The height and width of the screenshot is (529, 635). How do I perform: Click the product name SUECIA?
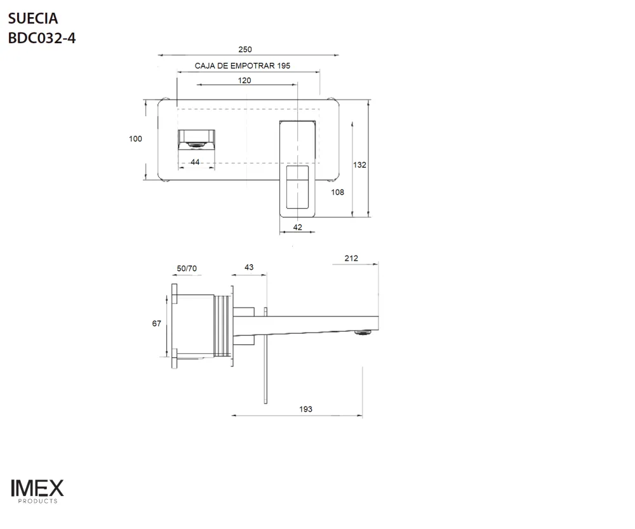pyautogui.click(x=33, y=18)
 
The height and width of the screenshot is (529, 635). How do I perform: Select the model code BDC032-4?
pyautogui.click(x=42, y=38)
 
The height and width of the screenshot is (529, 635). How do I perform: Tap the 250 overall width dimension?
pyautogui.click(x=245, y=49)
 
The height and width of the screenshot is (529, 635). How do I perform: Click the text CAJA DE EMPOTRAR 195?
pyautogui.click(x=242, y=65)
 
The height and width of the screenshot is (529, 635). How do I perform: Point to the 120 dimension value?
pyautogui.click(x=244, y=81)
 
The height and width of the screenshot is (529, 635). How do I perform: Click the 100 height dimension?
pyautogui.click(x=135, y=139)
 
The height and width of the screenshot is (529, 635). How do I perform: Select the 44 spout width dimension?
pyautogui.click(x=195, y=162)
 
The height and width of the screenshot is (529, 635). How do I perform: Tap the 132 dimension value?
pyautogui.click(x=359, y=165)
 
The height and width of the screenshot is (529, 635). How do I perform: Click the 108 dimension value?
pyautogui.click(x=337, y=192)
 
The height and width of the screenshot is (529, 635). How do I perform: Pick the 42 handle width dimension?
pyautogui.click(x=297, y=227)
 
